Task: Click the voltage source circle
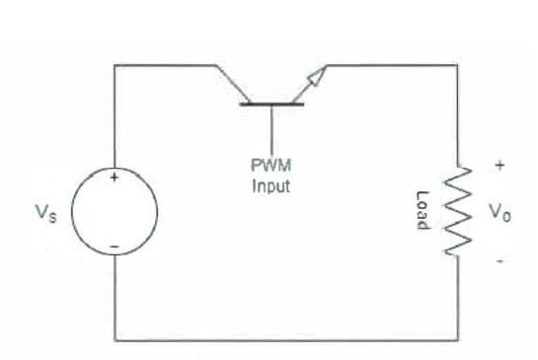click(115, 212)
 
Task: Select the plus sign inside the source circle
click(115, 179)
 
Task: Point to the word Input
click(270, 187)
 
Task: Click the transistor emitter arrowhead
click(316, 74)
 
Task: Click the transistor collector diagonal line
click(231, 83)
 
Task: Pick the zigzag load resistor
click(456, 212)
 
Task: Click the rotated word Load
click(423, 210)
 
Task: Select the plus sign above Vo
click(500, 167)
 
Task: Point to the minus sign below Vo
click(500, 261)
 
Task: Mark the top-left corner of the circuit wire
click(115, 66)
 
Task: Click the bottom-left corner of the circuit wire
click(115, 340)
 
